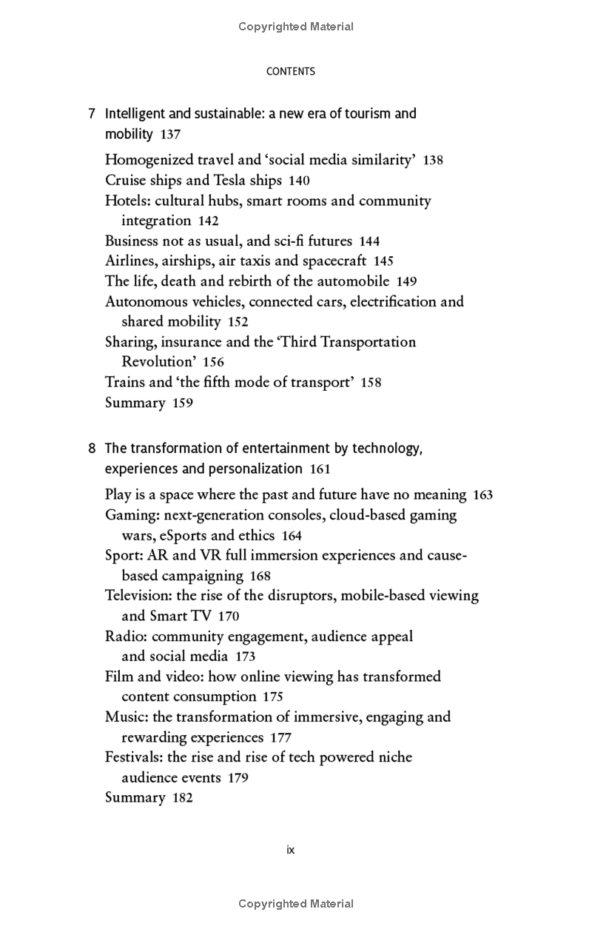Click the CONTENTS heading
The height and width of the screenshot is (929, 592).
[x=290, y=72]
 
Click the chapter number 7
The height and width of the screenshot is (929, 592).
[x=92, y=114]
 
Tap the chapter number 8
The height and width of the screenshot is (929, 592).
[x=92, y=449]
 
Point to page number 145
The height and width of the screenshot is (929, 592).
[x=383, y=261]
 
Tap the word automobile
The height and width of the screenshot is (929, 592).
[x=353, y=281]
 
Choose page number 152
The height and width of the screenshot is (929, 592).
[x=238, y=322]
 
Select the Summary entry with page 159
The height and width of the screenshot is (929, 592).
[x=135, y=403]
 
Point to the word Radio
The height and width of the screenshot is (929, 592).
[x=124, y=636]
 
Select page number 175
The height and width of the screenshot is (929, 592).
[x=272, y=697]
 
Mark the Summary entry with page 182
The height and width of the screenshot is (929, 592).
[x=135, y=798]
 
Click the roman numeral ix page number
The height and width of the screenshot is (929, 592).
[x=290, y=850]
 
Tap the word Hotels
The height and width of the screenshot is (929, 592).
[x=127, y=201]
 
